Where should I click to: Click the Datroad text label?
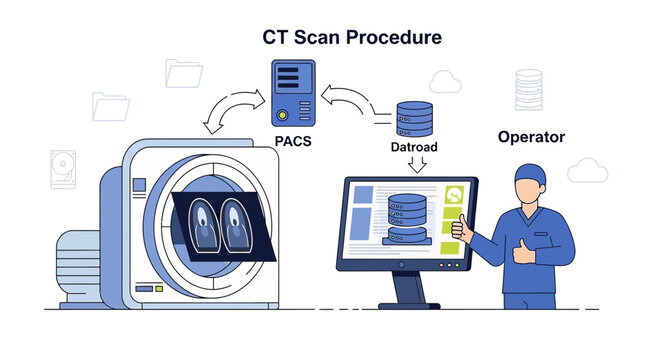(414, 147)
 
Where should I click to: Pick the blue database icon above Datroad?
(414, 117)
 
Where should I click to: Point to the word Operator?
(531, 136)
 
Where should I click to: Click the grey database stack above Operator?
(528, 90)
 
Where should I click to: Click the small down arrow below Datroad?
(414, 166)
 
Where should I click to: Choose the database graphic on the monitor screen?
(406, 217)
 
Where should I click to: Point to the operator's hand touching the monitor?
(462, 229)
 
